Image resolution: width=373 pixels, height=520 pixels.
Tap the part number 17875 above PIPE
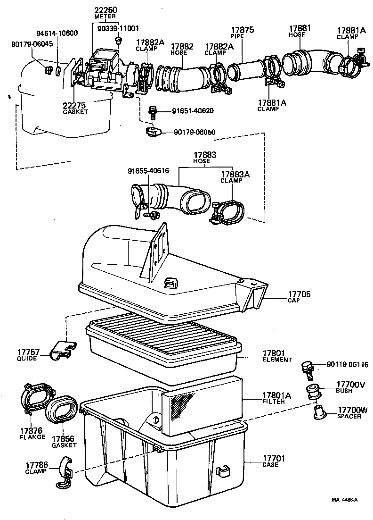click(242, 30)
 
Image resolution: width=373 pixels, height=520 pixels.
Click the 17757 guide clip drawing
click(63, 350)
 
